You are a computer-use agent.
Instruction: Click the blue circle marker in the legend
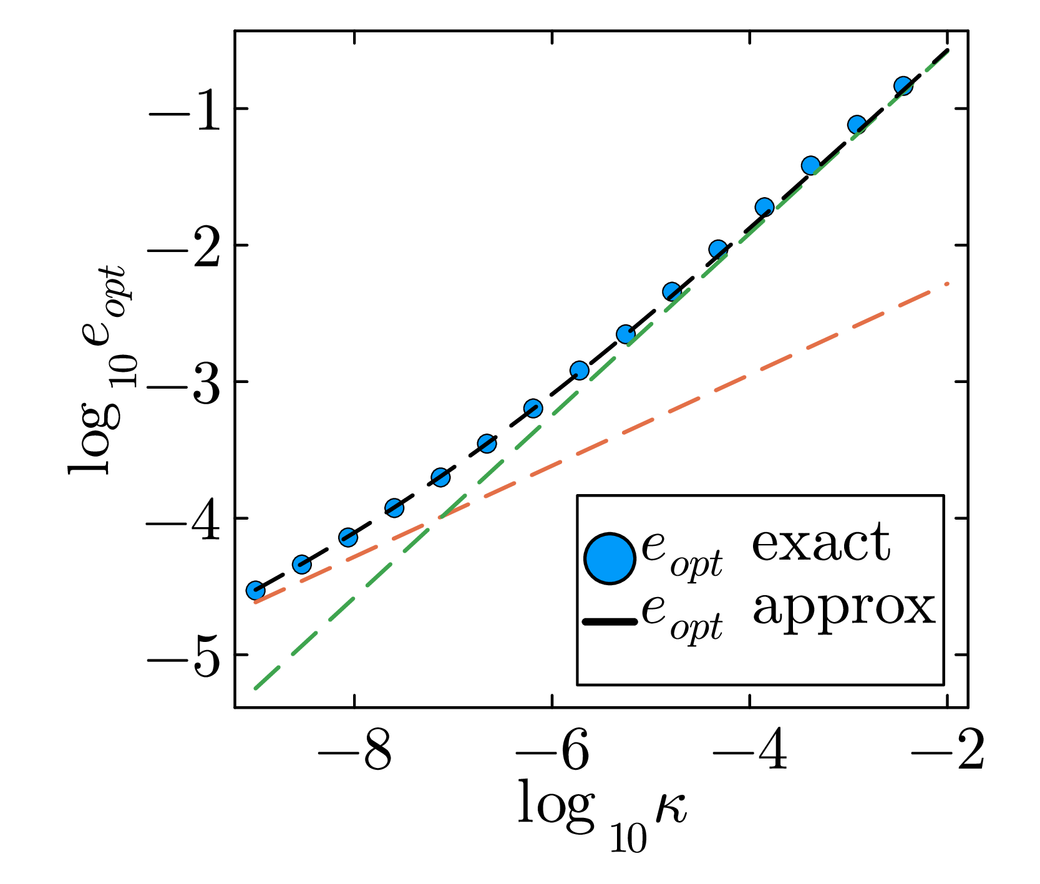tap(610, 559)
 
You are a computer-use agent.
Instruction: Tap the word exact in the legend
tap(820, 543)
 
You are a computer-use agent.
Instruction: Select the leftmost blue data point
tap(255, 590)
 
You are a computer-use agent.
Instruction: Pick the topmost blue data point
tap(903, 86)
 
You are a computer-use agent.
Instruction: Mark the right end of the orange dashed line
tap(948, 284)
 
